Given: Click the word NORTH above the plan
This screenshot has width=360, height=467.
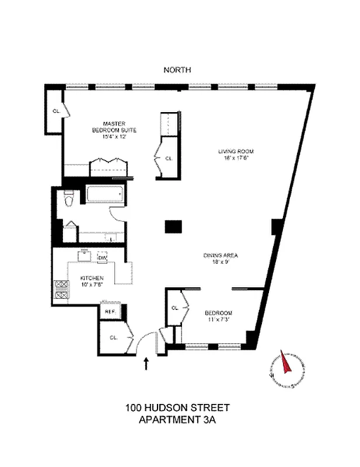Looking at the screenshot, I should [x=178, y=70].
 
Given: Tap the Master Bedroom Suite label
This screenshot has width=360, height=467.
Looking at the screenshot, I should [x=114, y=130].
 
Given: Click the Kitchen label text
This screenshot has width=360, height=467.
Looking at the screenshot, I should [x=93, y=281].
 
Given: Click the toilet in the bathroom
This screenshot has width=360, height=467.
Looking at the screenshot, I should [x=68, y=199].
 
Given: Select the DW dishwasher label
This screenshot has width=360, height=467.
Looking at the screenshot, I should [x=103, y=258].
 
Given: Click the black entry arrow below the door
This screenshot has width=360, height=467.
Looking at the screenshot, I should [x=146, y=364].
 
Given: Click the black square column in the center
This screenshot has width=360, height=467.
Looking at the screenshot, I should [x=173, y=226].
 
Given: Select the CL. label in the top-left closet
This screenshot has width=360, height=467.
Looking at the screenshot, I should [x=56, y=110].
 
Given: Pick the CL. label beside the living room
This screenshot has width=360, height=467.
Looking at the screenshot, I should [x=168, y=158].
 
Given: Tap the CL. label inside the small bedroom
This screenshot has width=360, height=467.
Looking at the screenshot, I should [x=175, y=308].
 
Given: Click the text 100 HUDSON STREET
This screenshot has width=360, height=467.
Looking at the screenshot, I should [x=177, y=407].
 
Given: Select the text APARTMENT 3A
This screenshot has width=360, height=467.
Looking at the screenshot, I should [x=177, y=419].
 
